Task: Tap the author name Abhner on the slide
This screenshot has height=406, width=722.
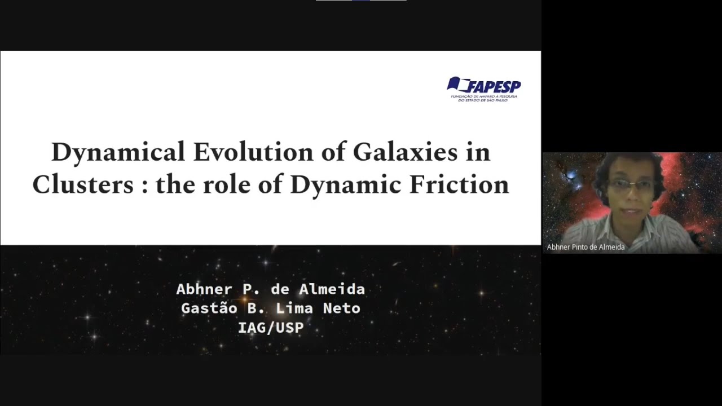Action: pyautogui.click(x=204, y=289)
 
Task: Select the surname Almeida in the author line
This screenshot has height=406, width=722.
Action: pyautogui.click(x=337, y=289)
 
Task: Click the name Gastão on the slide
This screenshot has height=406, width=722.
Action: pyautogui.click(x=205, y=308)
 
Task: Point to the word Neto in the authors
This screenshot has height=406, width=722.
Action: pyautogui.click(x=341, y=308)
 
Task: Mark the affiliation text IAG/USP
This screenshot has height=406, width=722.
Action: pyautogui.click(x=271, y=328)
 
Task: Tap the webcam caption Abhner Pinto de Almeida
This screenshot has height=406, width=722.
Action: pyautogui.click(x=585, y=247)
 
